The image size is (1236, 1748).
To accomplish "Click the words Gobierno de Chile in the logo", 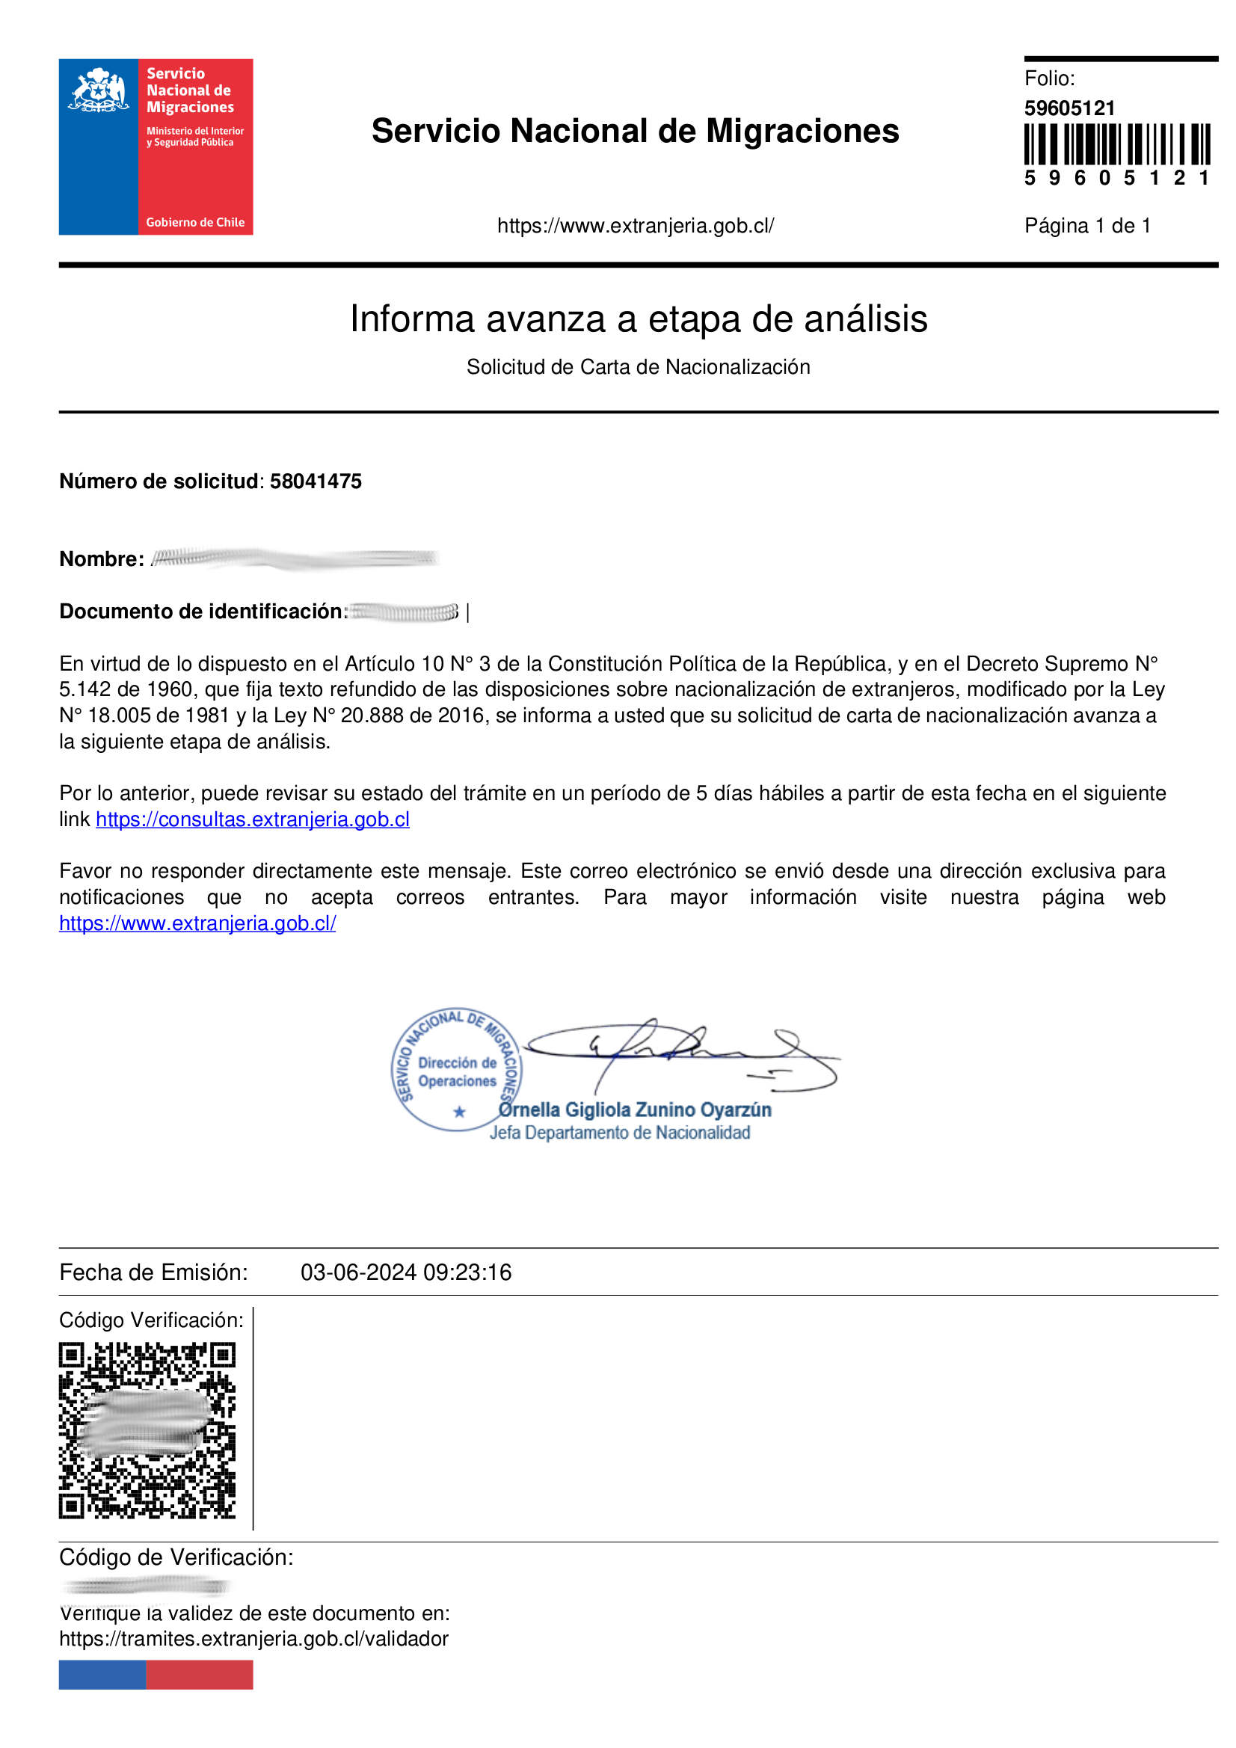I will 195,222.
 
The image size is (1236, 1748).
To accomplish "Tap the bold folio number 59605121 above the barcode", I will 1069,108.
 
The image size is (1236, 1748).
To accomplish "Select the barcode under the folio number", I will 1116,144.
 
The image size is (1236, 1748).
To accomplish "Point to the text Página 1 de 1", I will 1086,225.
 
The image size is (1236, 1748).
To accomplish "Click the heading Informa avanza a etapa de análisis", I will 638,318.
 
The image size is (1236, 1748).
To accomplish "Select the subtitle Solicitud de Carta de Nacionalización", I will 638,367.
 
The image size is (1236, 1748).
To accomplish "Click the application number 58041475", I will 316,481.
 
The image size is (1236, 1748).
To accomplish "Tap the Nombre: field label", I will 101,558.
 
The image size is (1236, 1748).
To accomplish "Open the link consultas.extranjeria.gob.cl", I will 252,819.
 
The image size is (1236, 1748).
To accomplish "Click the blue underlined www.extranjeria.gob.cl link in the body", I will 197,923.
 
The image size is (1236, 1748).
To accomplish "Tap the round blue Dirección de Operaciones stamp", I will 456,1071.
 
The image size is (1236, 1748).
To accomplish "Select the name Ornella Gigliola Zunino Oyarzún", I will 635,1110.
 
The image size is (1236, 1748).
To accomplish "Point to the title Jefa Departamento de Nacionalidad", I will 619,1133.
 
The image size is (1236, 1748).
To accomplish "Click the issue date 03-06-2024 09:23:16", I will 406,1272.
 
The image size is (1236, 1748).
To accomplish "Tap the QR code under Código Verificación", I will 147,1430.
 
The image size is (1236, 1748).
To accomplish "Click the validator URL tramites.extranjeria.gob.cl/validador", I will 253,1638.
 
